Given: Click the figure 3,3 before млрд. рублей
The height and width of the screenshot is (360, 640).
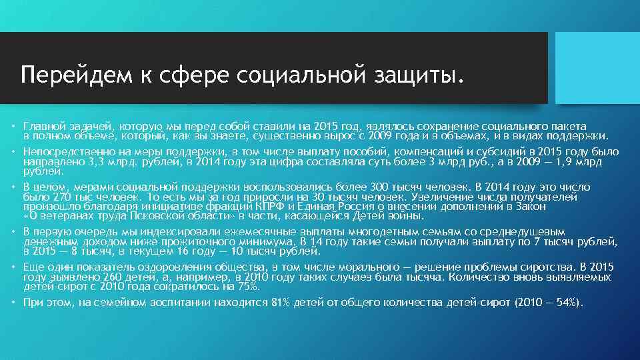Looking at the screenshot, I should pos(97,162).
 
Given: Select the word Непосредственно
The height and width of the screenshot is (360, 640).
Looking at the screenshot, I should pos(64,152).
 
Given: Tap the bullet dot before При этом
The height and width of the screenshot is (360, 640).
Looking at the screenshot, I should pos(13,303).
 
